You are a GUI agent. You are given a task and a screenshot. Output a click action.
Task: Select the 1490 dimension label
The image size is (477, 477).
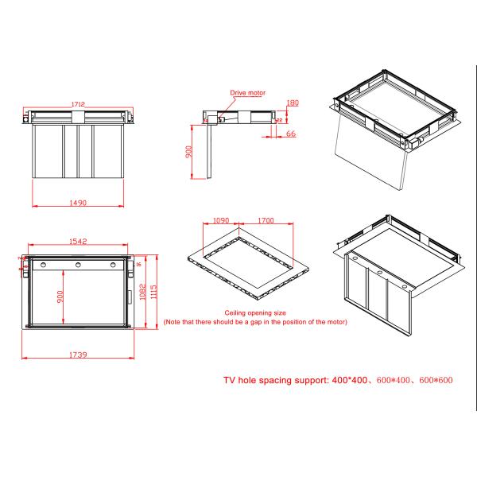click(78, 203)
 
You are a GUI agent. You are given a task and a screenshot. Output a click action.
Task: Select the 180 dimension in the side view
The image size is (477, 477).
click(293, 103)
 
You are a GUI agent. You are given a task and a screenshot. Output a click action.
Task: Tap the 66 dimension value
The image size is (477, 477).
click(291, 135)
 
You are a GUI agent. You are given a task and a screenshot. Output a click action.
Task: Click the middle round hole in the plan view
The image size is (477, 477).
click(78, 265)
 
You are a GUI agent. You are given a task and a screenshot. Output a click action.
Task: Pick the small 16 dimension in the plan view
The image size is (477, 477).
click(138, 263)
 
